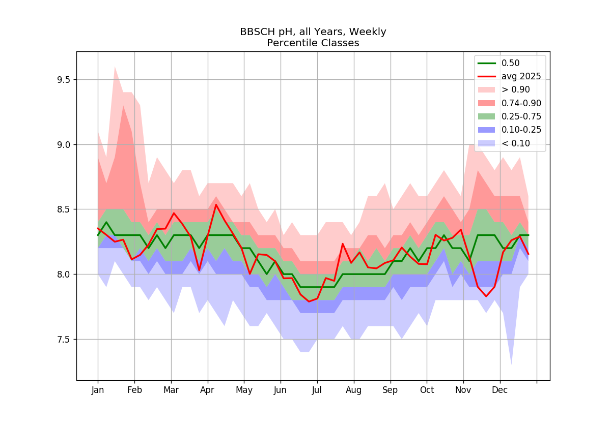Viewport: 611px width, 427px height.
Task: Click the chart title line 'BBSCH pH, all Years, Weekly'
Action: click(313, 32)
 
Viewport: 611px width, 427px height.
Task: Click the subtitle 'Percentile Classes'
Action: click(313, 43)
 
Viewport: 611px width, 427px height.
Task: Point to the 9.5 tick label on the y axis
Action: click(64, 80)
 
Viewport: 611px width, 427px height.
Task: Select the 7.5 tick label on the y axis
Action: click(64, 340)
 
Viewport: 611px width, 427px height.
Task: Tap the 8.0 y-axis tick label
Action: click(64, 274)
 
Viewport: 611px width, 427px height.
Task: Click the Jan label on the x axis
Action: click(98, 390)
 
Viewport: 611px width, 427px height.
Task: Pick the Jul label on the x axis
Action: click(317, 390)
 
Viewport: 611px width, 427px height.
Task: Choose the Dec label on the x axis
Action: click(499, 390)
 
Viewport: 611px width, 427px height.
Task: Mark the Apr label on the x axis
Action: click(207, 390)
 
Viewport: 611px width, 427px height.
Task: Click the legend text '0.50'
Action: click(510, 63)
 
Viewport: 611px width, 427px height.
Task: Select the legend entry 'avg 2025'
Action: click(521, 77)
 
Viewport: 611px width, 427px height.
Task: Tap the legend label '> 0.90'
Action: click(515, 89)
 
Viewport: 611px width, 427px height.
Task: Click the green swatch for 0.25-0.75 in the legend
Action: click(486, 116)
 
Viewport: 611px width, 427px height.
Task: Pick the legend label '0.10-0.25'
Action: click(521, 130)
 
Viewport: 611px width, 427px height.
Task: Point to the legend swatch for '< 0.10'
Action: click(486, 143)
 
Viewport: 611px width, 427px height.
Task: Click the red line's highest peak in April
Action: click(216, 204)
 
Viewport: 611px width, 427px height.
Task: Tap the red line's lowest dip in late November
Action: click(486, 296)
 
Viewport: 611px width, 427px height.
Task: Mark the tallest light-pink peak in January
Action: click(115, 67)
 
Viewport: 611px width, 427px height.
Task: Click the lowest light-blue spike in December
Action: click(511, 364)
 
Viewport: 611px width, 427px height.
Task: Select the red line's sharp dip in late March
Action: click(199, 270)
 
